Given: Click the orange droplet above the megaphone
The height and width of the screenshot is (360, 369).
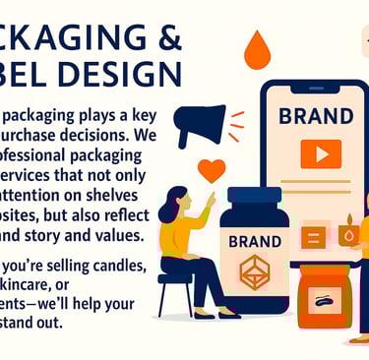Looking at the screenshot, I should (258, 49).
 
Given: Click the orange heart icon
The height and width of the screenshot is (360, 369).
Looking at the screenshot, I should (211, 169).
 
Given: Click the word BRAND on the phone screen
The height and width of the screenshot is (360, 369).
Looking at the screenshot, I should (315, 116).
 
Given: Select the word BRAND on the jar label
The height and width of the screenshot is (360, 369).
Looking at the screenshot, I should (254, 240).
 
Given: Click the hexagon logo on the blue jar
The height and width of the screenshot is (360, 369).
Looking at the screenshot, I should (254, 271).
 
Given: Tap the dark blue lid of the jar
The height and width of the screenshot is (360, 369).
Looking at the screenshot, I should (254, 200).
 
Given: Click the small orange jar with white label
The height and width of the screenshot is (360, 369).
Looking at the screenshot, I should (324, 294).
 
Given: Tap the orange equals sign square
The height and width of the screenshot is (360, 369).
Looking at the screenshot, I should (314, 236).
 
